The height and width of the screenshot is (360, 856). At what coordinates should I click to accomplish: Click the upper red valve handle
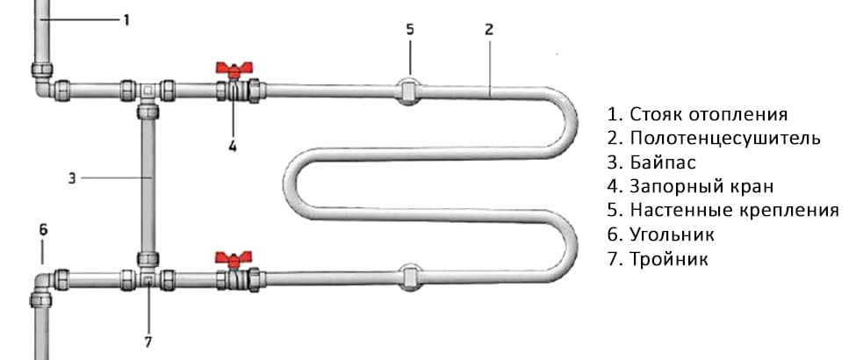[x=234, y=68]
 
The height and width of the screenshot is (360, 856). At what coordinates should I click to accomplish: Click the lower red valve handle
[x=234, y=258]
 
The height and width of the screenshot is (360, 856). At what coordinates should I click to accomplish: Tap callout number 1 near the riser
[x=126, y=20]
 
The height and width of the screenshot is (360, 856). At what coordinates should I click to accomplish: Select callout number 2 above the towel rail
[x=489, y=29]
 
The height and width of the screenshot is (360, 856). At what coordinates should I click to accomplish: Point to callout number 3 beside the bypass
[x=71, y=178]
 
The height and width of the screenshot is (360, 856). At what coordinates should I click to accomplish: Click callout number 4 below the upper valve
[x=233, y=146]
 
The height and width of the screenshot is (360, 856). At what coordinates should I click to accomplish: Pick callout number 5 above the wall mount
[x=410, y=29]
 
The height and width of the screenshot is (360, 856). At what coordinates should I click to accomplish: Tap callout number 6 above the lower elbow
[x=43, y=230]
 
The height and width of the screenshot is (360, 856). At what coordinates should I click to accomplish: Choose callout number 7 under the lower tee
[x=148, y=342]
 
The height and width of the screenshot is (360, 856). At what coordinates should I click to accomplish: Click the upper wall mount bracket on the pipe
[x=409, y=90]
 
